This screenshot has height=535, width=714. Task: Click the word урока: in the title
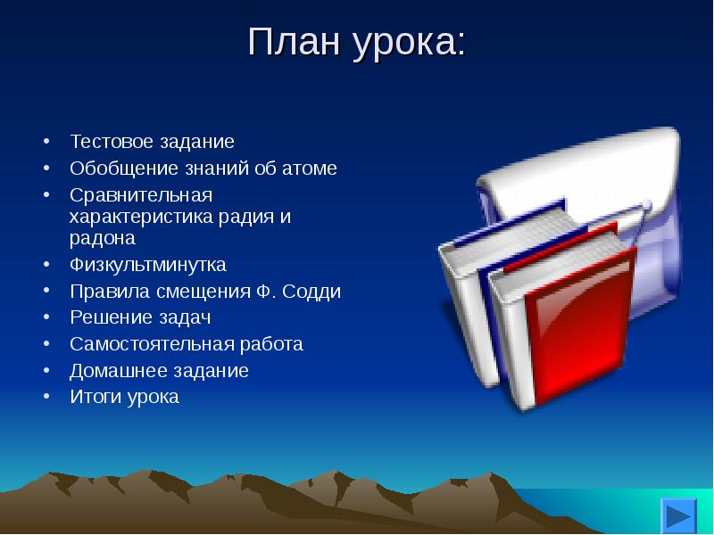click(410, 44)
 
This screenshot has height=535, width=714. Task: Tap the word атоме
click(310, 169)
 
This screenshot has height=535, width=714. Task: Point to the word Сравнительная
click(141, 195)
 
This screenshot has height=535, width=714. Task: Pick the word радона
click(103, 238)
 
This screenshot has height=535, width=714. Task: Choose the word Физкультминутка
click(148, 265)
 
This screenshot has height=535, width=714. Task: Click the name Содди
click(311, 292)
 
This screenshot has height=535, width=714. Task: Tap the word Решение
click(108, 317)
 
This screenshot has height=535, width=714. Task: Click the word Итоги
click(95, 397)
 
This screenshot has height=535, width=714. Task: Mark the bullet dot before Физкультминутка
click(46, 264)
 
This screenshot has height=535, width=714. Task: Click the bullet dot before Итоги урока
click(46, 396)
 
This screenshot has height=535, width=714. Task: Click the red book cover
click(581, 325)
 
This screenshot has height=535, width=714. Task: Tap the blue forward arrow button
click(678, 516)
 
